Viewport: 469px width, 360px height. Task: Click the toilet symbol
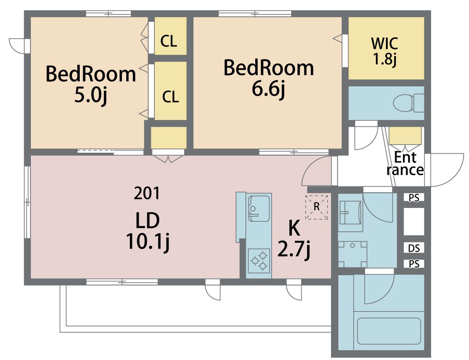coord(408,103)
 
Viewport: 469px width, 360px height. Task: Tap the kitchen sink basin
coord(259,208)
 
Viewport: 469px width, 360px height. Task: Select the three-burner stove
coord(259,261)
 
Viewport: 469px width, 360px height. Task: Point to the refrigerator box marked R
coord(317,207)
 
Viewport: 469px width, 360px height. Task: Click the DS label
coord(414,249)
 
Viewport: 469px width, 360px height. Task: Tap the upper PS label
coord(414,198)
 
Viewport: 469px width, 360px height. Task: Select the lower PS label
coord(414,264)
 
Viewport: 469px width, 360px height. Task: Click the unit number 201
coord(147,193)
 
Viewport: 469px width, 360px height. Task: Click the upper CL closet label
coord(168,41)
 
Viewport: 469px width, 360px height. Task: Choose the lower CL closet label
coord(170,97)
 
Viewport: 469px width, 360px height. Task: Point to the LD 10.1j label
coord(148,231)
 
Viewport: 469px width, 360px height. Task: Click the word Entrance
coord(405,164)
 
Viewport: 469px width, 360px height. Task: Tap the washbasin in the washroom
coord(350,213)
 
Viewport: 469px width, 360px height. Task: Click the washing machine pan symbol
coord(353,254)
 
